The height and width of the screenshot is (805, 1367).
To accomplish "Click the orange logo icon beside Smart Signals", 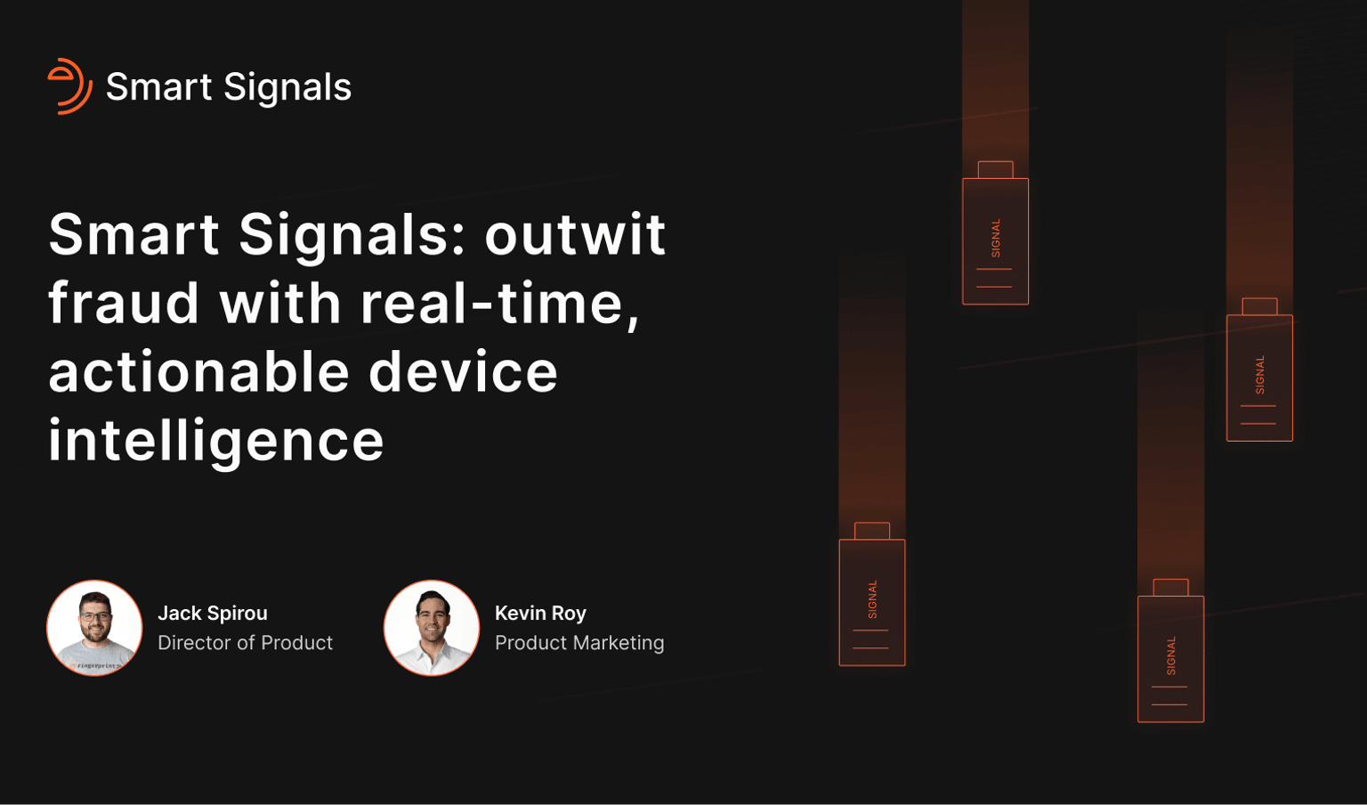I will click(x=69, y=86).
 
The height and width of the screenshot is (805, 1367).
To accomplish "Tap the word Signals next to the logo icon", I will click(x=287, y=87).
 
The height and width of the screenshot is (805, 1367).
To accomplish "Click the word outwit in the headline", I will click(x=575, y=234).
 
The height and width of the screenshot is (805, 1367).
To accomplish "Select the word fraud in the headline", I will click(x=124, y=303).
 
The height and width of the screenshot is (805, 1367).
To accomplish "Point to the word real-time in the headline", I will click(x=499, y=303).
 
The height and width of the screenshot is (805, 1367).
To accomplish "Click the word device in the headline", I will click(x=463, y=371).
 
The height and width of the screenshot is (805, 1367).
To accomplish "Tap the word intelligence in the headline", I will click(x=216, y=441).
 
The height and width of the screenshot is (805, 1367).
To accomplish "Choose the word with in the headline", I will click(x=280, y=303).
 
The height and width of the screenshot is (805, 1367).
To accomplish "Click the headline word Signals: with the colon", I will click(x=352, y=234).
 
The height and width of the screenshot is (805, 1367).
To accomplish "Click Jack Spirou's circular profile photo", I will click(x=94, y=628).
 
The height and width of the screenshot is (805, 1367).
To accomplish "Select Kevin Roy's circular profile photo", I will click(x=432, y=628).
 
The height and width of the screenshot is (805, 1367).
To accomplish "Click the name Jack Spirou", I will click(x=213, y=614).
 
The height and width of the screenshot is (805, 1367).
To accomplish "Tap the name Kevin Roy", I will click(x=540, y=614).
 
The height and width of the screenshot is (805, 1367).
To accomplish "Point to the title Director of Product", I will click(x=245, y=643).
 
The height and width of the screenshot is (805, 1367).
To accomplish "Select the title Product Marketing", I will click(x=579, y=643).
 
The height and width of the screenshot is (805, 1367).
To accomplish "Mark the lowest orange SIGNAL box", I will click(x=1170, y=658).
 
